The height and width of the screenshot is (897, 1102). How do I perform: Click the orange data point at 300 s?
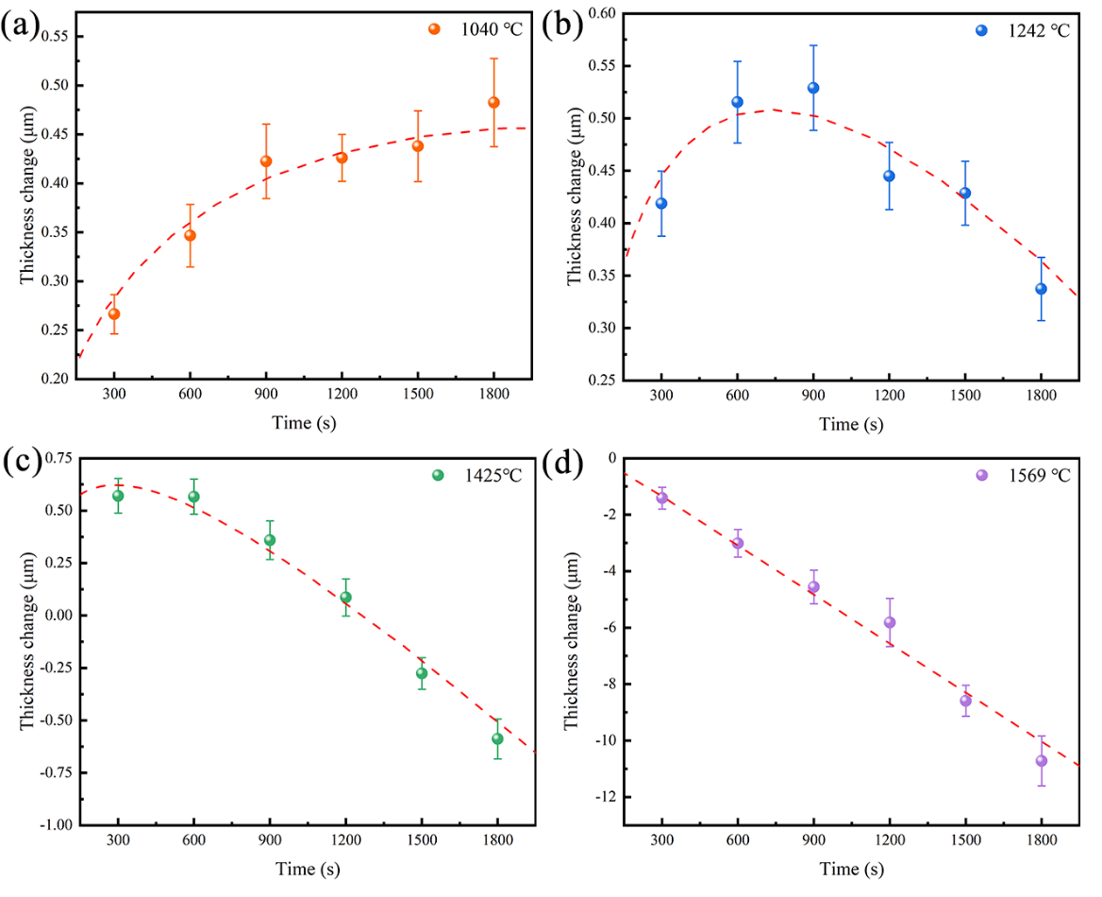114,313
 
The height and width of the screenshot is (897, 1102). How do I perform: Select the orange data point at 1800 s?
493,102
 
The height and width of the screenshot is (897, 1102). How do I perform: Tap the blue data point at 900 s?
813,88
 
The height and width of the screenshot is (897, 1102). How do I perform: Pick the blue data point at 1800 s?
1041,289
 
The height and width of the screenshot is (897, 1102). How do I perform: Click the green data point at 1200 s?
345,597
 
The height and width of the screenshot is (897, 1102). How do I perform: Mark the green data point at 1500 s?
421,673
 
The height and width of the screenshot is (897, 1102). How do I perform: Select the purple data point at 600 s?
738,543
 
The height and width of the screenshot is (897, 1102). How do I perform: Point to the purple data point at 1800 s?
1041,761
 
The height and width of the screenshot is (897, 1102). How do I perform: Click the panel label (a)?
21,25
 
